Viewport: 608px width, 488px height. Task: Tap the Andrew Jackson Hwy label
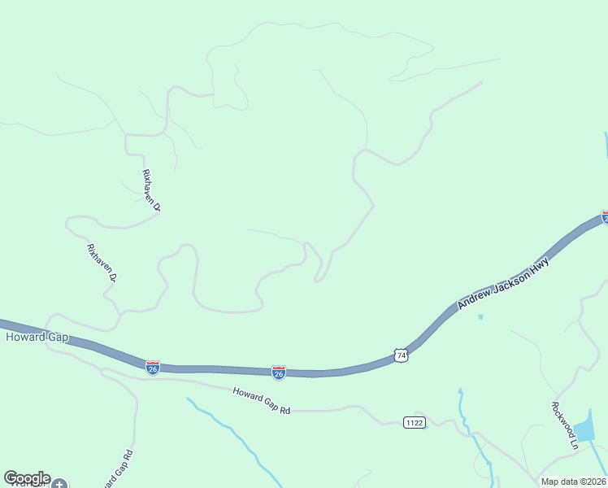click(x=503, y=283)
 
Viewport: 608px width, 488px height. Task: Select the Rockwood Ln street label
click(x=563, y=425)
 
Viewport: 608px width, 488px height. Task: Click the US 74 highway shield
click(x=400, y=355)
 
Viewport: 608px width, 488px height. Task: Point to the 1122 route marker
click(x=413, y=421)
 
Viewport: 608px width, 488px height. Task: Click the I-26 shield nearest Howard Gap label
click(x=153, y=367)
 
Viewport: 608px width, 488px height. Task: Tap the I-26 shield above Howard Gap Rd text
click(x=278, y=372)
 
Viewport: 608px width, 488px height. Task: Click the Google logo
click(x=26, y=478)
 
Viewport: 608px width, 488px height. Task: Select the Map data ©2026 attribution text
click(x=574, y=481)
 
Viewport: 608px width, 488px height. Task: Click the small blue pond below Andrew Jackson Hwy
click(x=480, y=316)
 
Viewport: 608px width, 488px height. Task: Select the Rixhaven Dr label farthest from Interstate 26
click(x=151, y=190)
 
